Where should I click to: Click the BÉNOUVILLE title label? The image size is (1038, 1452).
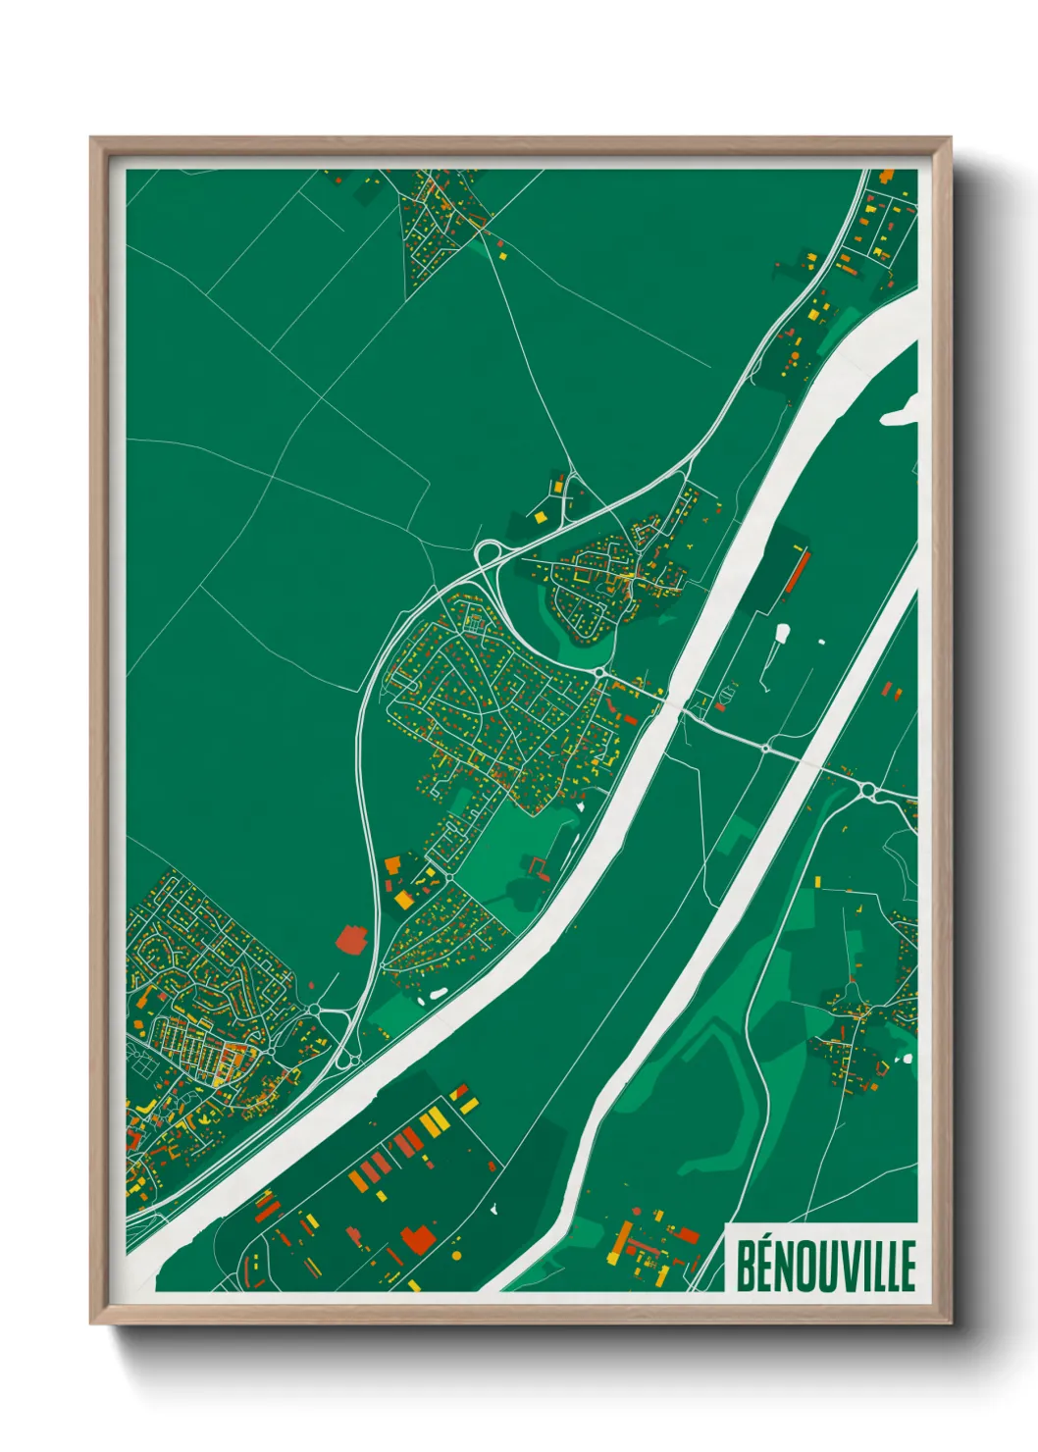pos(824,1266)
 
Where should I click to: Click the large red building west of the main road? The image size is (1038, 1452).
pos(351,939)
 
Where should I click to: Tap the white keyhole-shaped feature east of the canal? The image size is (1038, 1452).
pos(781,637)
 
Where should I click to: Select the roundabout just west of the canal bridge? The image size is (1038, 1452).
pos(598,672)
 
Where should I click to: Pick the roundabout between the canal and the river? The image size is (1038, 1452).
pos(765,748)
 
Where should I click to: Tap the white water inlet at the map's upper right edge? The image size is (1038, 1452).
pos(901,412)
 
